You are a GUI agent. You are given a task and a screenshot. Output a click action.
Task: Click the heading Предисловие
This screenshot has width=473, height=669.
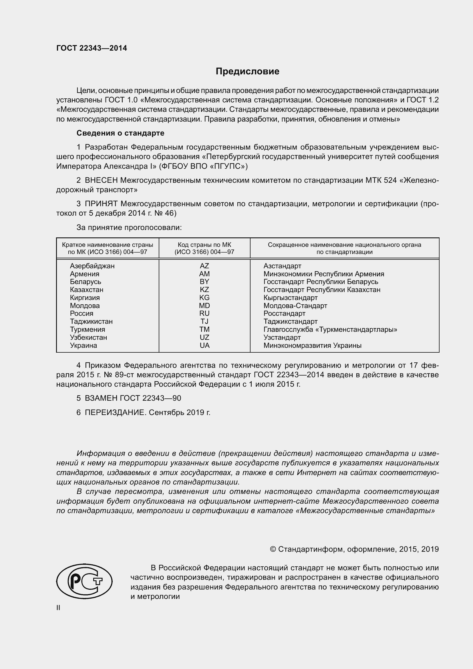(247, 72)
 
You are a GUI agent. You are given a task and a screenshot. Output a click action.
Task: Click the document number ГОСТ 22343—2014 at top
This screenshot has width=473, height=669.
(92, 48)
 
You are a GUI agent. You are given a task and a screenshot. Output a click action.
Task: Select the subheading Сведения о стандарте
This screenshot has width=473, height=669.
(120, 133)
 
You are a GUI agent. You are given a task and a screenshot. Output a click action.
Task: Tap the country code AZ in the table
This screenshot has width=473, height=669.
(204, 266)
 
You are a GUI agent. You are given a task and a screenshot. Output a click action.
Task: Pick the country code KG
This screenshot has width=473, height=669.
(204, 297)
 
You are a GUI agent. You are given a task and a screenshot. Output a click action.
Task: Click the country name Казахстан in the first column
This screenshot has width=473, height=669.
(86, 290)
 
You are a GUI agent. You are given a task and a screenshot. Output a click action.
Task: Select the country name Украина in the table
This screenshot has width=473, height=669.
(83, 345)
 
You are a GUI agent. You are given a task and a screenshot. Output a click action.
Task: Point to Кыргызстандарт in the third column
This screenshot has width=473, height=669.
(290, 297)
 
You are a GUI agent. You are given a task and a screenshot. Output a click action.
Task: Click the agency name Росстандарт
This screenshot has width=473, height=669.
(284, 313)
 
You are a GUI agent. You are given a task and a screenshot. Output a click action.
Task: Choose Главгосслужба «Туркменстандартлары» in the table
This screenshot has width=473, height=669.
(330, 329)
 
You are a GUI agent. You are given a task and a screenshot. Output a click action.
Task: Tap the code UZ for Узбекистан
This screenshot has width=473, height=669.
(204, 338)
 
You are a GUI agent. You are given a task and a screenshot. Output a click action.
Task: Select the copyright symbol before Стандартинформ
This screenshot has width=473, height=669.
(273, 549)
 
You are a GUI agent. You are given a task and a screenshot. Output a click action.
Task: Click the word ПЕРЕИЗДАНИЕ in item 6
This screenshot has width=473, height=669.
(115, 412)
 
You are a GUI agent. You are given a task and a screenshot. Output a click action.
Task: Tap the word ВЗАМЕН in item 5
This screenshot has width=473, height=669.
(101, 398)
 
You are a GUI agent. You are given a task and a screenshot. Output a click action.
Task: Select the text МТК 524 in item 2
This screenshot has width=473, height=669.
(381, 180)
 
